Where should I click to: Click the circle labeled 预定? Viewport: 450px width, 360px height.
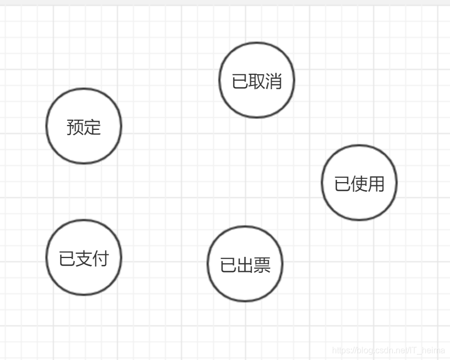84,126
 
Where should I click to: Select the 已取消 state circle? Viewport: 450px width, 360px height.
257,80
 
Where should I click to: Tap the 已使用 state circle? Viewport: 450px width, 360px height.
359,183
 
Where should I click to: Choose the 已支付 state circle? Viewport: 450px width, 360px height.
84,257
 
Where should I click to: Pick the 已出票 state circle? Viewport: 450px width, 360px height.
245,264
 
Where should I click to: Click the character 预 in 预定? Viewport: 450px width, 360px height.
75,127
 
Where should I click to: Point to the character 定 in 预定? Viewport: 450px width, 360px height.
92,127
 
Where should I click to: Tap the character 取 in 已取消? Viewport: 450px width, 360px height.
257,81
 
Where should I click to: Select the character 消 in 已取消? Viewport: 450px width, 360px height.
273,81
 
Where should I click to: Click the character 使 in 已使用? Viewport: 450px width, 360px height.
359,184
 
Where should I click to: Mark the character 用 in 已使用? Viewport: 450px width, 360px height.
376,184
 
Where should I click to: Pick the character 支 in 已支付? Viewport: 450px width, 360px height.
84,259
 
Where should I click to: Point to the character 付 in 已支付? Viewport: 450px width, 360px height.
100,259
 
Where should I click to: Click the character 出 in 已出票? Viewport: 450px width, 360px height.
245,265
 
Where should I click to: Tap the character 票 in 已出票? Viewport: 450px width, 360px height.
262,265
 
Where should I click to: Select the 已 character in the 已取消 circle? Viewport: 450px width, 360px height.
240,81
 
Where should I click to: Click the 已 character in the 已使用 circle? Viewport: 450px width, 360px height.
343,184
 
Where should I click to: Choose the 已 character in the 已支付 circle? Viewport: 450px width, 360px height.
67,259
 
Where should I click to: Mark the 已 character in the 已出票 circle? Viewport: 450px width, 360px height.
228,265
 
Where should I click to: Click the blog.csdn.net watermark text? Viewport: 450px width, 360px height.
388,350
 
